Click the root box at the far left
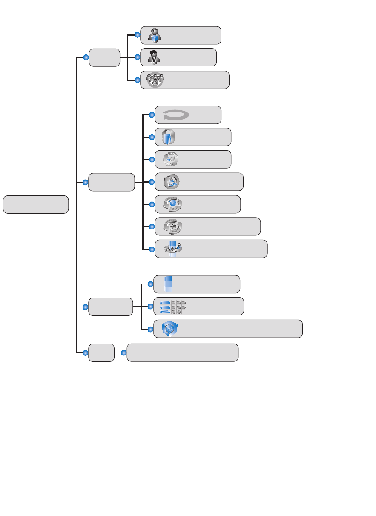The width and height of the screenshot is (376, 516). point(36,204)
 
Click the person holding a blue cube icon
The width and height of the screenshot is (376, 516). point(155,35)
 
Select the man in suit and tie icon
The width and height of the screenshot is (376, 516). point(154,57)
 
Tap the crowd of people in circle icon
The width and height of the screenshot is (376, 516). point(155,80)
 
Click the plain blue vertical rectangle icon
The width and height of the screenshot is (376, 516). point(168,284)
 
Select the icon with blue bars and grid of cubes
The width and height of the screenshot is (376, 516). point(172,307)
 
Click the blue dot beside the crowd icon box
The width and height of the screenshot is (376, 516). point(137,80)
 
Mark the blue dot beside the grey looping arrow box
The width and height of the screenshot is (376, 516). point(152,115)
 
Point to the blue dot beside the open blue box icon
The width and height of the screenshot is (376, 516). point(150,329)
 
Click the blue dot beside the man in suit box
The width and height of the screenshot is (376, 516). point(137,57)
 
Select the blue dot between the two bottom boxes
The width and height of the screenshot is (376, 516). point(124,353)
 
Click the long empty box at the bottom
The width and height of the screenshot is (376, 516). point(183,353)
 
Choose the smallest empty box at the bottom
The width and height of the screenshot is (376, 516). point(101,353)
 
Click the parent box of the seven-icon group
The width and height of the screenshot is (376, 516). point(111,182)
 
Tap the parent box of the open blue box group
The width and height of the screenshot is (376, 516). point(110,307)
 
